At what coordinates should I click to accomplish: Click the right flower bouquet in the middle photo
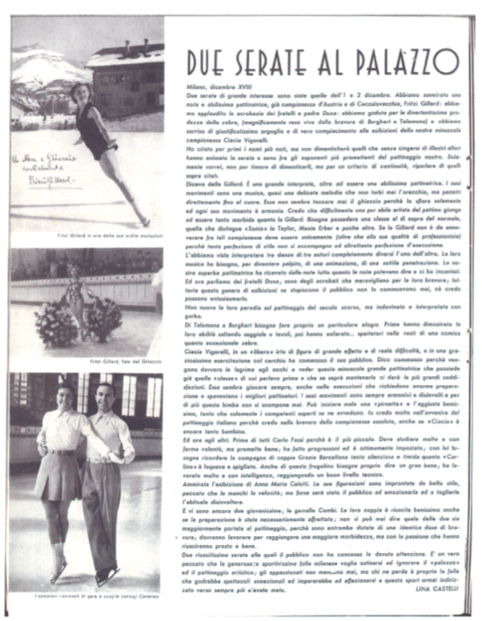105,318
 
